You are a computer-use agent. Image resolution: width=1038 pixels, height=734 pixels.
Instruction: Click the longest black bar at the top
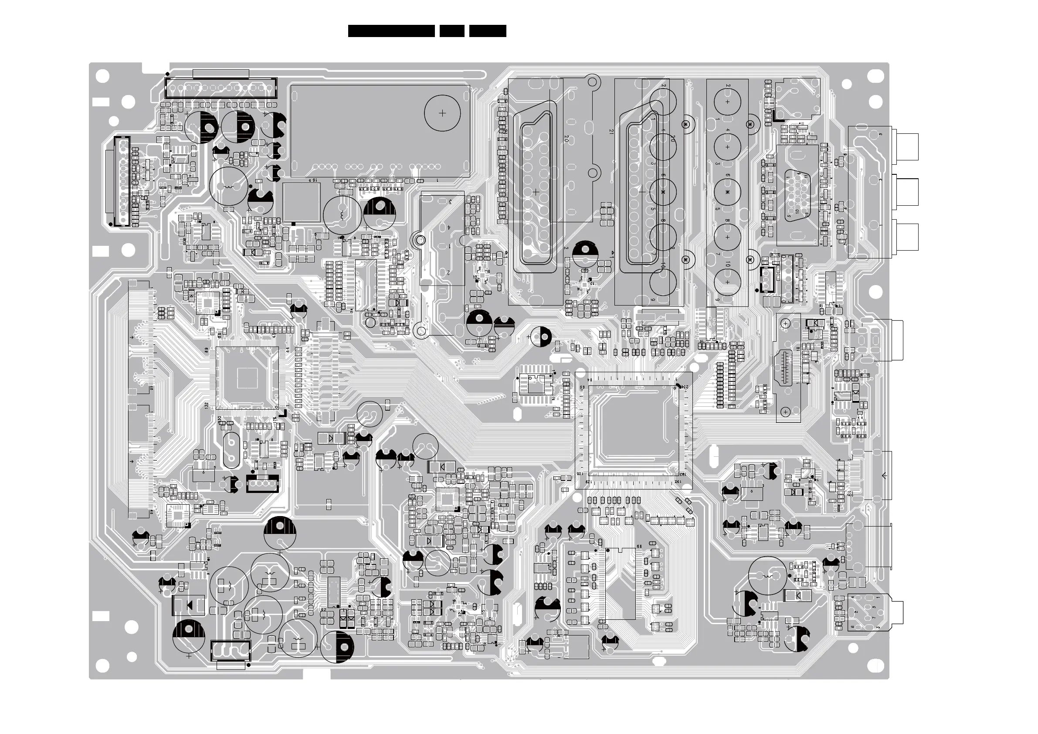[x=391, y=31]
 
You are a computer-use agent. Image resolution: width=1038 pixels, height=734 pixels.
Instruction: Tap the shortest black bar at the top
[x=451, y=31]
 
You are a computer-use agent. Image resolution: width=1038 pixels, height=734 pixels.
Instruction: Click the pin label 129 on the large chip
[x=588, y=482]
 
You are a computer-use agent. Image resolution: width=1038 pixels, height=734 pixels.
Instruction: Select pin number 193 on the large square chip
[x=684, y=474]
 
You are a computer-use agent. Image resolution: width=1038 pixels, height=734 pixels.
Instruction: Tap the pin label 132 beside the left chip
[x=207, y=406]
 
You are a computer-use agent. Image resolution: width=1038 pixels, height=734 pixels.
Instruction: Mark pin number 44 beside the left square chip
[x=288, y=350]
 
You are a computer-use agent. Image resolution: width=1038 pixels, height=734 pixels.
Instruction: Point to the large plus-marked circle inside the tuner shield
[x=442, y=112]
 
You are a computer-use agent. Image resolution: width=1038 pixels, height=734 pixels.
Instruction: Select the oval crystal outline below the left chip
[x=231, y=450]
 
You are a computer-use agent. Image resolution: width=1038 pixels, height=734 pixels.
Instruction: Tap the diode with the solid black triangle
[x=189, y=604]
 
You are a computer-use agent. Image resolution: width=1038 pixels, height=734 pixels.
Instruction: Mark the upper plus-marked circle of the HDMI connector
[x=786, y=323]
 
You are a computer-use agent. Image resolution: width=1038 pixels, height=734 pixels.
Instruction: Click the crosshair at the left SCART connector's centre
[x=536, y=192]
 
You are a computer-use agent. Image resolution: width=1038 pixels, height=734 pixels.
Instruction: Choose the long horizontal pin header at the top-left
[x=220, y=88]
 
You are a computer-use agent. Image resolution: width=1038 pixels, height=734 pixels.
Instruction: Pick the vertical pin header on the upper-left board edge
[x=122, y=181]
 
